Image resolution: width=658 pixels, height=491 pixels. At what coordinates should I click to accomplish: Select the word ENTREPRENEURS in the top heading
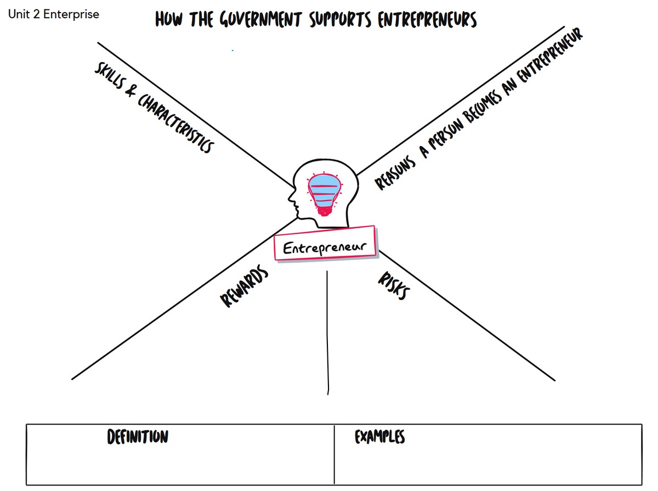point(428,20)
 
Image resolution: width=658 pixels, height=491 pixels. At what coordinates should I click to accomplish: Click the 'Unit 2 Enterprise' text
point(54,14)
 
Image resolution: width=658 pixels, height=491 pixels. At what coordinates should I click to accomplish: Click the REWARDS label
point(244,287)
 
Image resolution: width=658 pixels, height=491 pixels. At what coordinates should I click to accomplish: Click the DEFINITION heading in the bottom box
point(138,437)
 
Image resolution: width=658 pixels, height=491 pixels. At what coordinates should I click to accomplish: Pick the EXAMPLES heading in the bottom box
point(379,437)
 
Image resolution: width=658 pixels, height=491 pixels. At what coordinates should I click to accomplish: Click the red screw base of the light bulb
point(324,209)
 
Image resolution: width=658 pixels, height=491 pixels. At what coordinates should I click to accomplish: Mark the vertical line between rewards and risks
point(327,329)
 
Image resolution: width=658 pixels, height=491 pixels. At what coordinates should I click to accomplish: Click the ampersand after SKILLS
point(131,91)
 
